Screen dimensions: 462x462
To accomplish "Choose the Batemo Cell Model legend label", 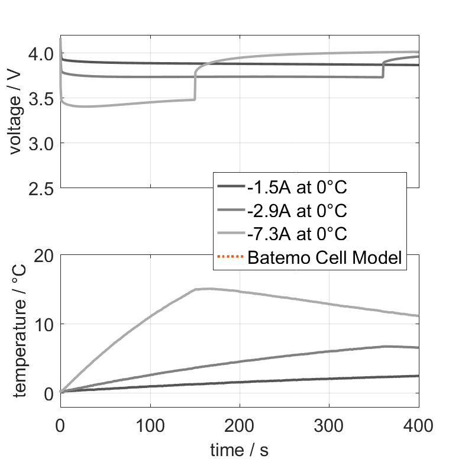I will point(325,258).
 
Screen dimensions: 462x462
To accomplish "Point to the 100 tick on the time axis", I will point(150,424).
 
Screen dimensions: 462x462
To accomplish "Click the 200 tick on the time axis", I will point(240,424).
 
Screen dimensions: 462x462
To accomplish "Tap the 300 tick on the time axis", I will point(329,424).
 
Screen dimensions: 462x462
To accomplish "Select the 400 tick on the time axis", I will point(419,424).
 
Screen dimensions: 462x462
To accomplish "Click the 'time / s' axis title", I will point(239,450).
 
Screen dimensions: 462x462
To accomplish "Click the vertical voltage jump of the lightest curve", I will point(195,86).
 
